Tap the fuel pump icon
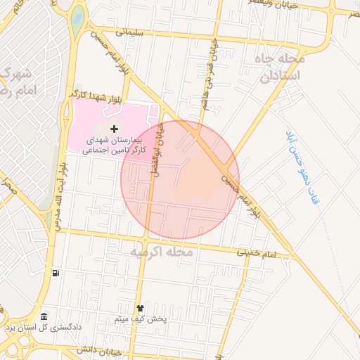[56, 274]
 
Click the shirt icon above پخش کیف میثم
[139, 308]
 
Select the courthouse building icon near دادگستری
[44, 317]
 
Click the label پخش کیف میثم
[141, 320]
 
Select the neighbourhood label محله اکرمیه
[161, 251]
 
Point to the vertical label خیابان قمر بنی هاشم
[211, 66]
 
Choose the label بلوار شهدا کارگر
[96, 94]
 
